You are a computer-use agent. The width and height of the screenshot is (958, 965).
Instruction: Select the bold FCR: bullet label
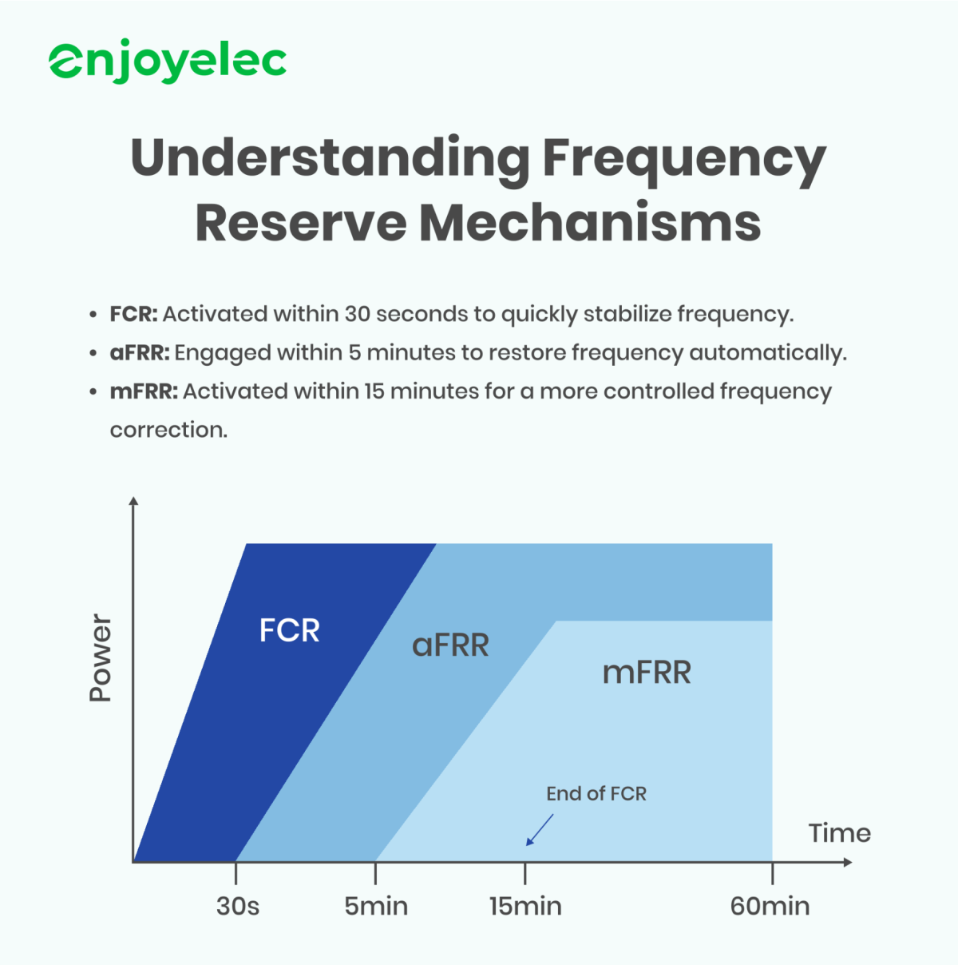pyautogui.click(x=133, y=314)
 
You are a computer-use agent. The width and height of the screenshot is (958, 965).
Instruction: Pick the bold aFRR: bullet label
pyautogui.click(x=140, y=352)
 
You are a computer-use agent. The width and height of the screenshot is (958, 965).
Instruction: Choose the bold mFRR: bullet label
pyautogui.click(x=144, y=391)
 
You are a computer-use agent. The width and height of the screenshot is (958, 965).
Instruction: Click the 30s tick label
pyautogui.click(x=237, y=907)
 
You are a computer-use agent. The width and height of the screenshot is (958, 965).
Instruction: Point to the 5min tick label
pyautogui.click(x=376, y=907)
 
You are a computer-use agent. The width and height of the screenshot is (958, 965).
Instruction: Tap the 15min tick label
pyautogui.click(x=525, y=907)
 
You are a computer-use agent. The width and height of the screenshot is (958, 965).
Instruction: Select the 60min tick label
pyautogui.click(x=770, y=907)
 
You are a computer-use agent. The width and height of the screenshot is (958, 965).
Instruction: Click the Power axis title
pyautogui.click(x=101, y=658)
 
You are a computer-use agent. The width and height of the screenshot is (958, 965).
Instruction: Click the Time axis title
pyautogui.click(x=839, y=833)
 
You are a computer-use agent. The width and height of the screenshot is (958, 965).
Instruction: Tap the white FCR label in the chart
pyautogui.click(x=289, y=631)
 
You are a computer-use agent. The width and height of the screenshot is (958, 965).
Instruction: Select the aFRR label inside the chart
pyautogui.click(x=450, y=645)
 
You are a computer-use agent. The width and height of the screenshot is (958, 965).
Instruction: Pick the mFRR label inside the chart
pyautogui.click(x=647, y=673)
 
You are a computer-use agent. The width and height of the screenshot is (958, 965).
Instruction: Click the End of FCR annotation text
pyautogui.click(x=596, y=793)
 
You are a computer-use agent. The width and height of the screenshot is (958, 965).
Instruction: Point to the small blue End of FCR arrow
pyautogui.click(x=539, y=830)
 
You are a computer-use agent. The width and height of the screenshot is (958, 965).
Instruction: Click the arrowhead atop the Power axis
pyautogui.click(x=134, y=502)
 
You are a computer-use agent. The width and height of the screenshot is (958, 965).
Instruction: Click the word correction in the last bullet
pyautogui.click(x=168, y=430)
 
